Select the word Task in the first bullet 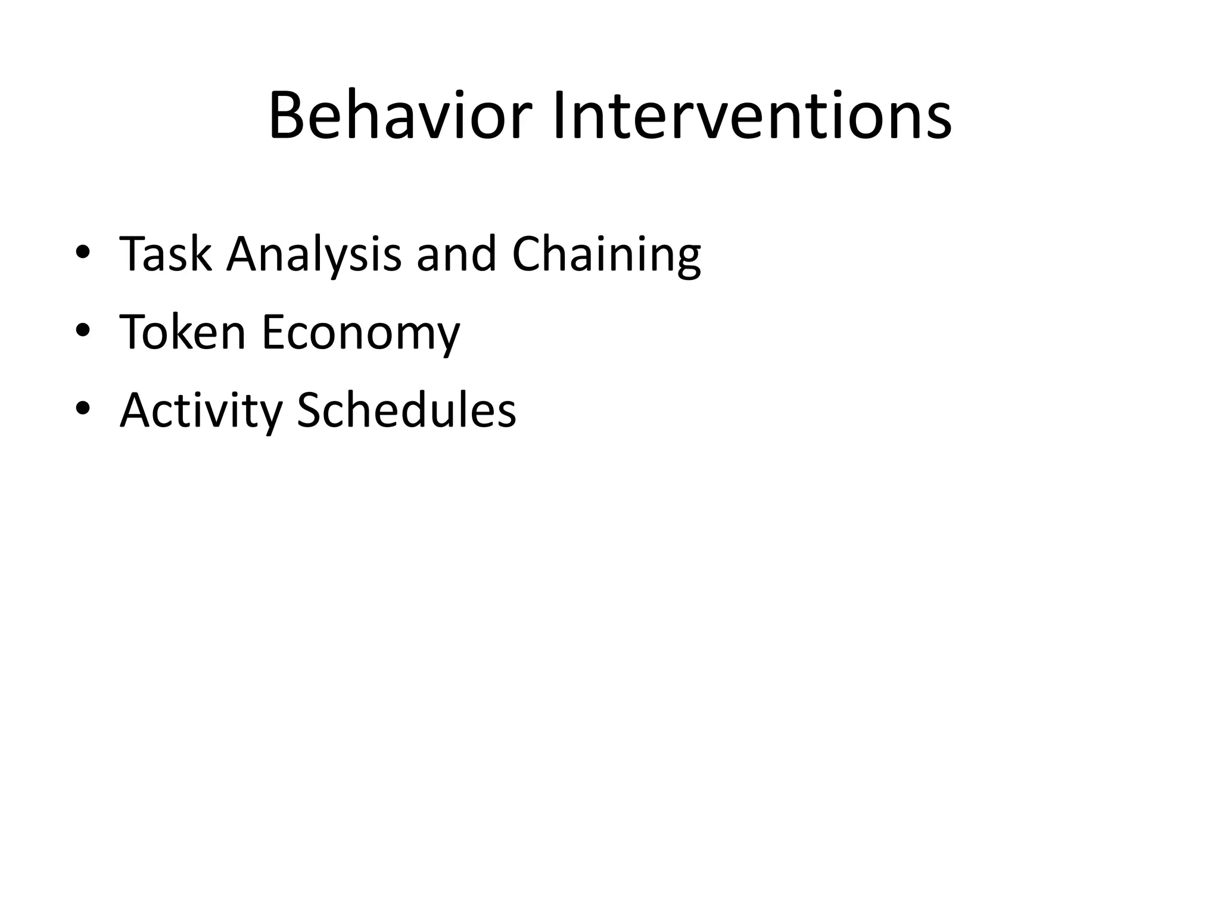(x=165, y=254)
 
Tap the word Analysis (x=314, y=254)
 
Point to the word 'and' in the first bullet (x=456, y=254)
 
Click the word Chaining (x=606, y=254)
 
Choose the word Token (x=182, y=332)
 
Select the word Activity (x=201, y=411)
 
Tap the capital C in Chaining (x=528, y=254)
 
